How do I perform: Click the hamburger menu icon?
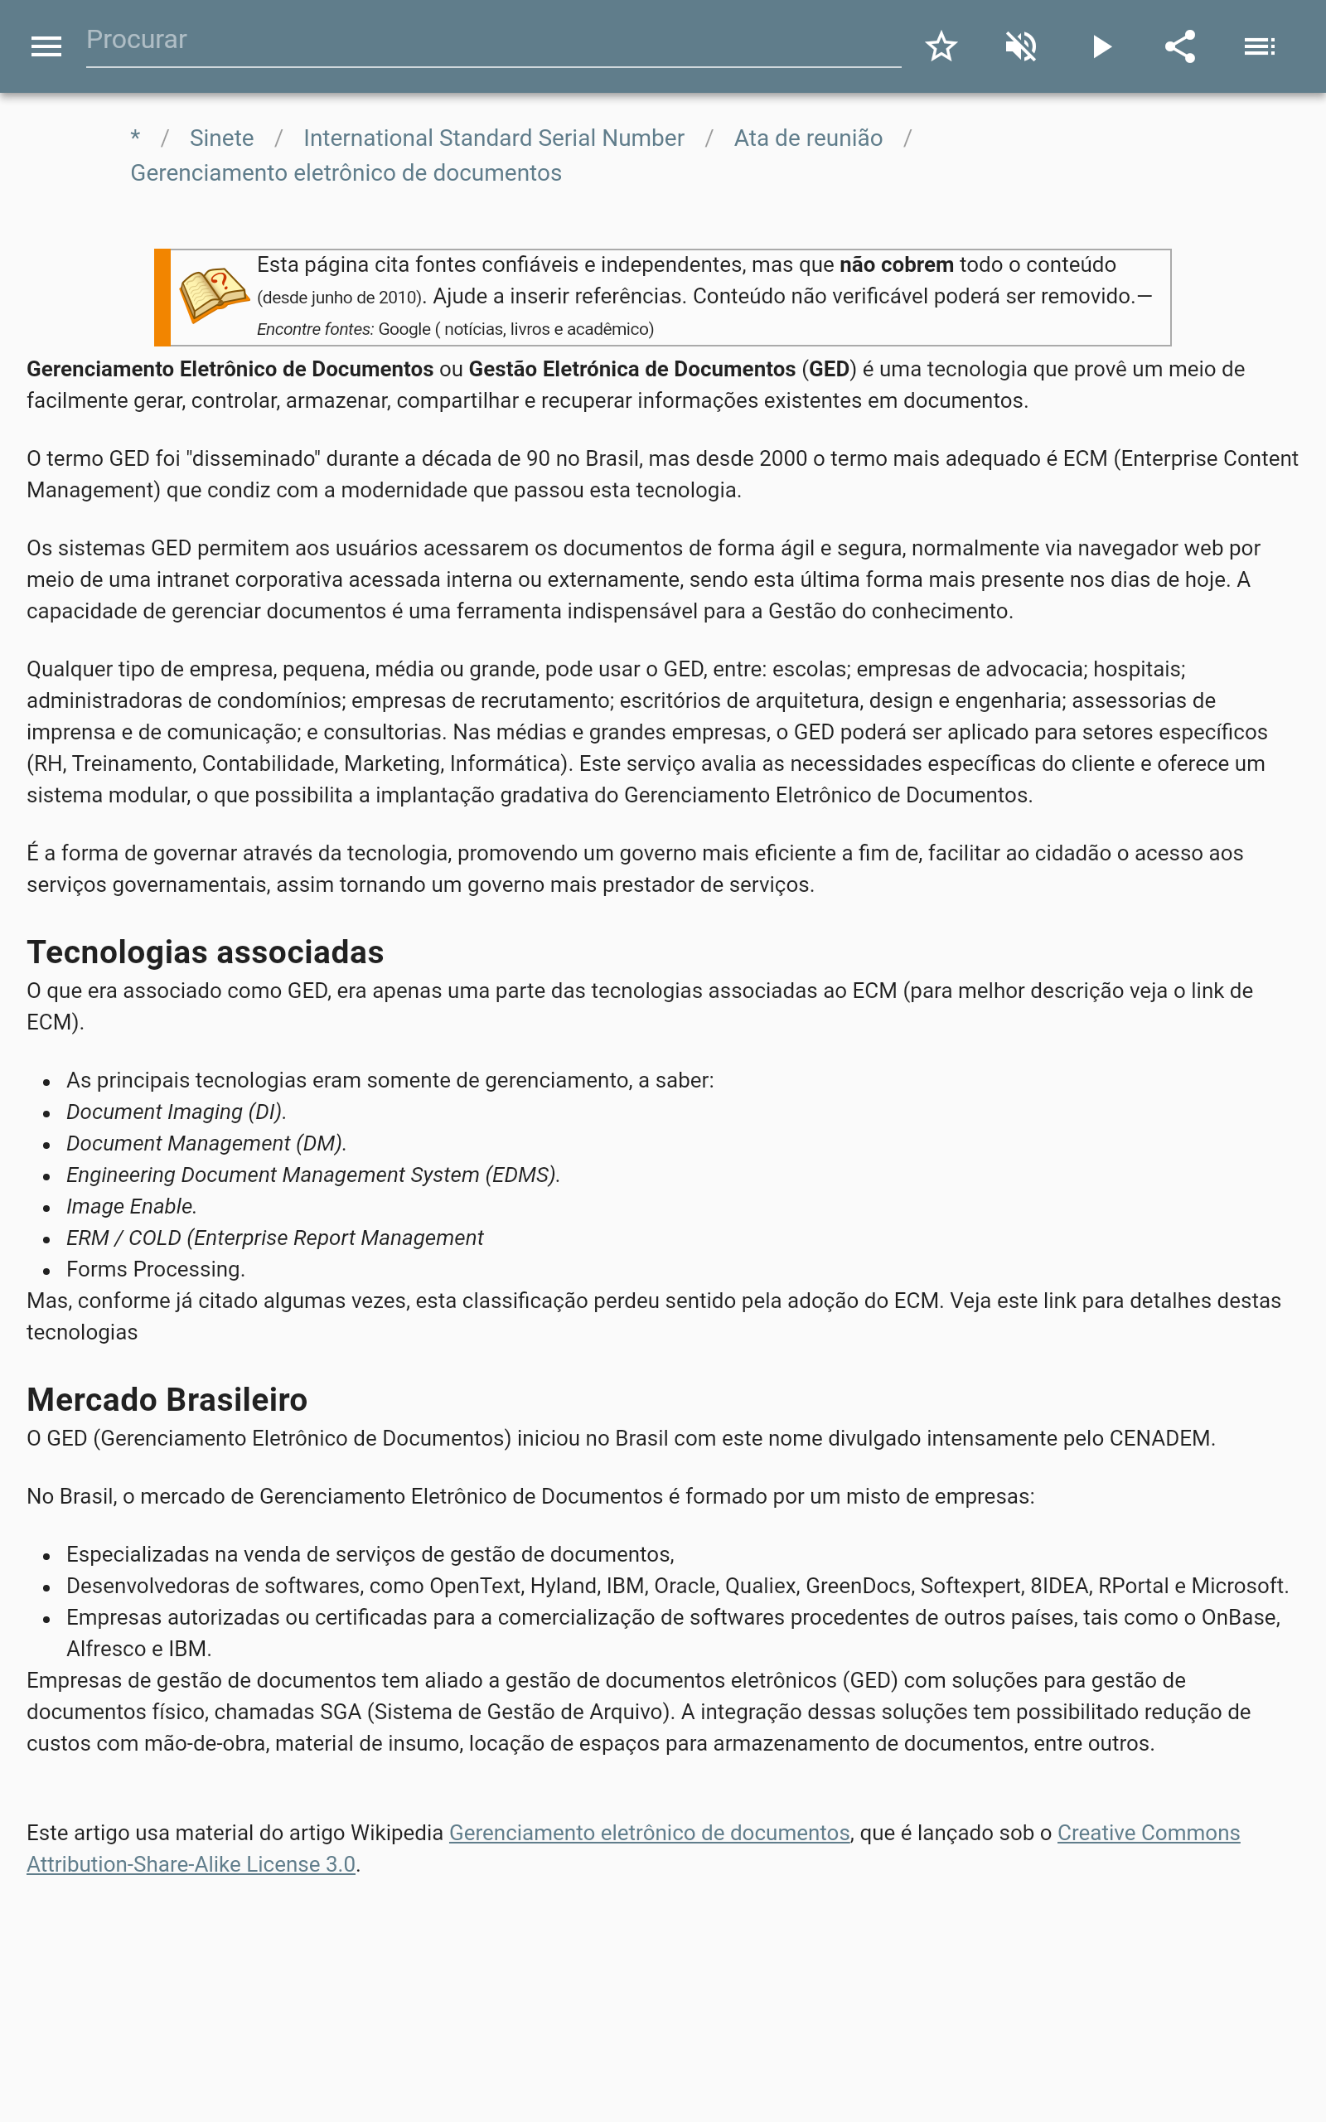pos(46,46)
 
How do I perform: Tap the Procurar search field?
pos(491,41)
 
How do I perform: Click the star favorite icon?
pos(941,46)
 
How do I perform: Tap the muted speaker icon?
pos(1021,46)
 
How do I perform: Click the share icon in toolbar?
pos(1179,46)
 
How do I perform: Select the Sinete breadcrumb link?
pos(221,138)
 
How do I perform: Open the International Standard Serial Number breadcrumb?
pos(493,138)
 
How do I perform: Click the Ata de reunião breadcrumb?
pos(808,138)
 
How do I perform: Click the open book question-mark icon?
pos(213,295)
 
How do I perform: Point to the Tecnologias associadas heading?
pos(206,952)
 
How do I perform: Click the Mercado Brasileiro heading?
pos(167,1399)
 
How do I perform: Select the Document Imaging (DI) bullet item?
pos(177,1112)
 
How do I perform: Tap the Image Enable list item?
pos(132,1207)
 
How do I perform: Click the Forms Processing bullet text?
pos(155,1270)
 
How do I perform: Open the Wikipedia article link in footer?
pos(649,1833)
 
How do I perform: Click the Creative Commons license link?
pos(1148,1833)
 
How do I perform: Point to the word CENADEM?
pos(1159,1438)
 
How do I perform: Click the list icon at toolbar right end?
pos(1260,46)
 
